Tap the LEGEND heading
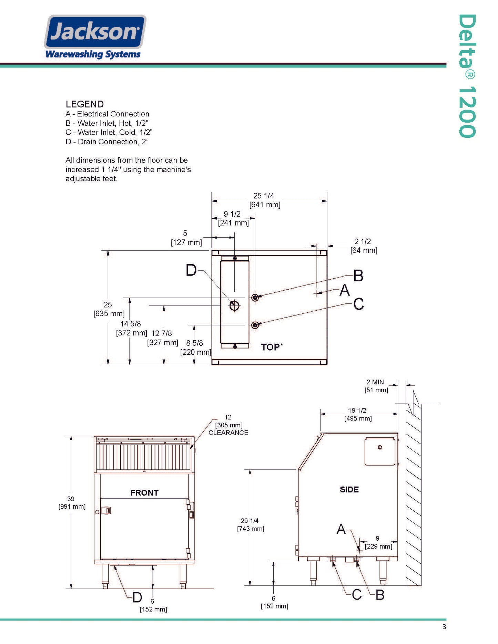coord(85,104)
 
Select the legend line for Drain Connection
coord(107,142)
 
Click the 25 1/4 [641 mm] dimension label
coord(264,200)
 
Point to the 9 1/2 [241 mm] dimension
coord(233,218)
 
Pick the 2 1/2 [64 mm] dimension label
coord(363,246)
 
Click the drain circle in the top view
coord(234,305)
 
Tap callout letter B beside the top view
coord(358,276)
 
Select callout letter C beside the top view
coord(358,304)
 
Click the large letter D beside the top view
coord(191,270)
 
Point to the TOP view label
coord(271,347)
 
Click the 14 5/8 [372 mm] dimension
coord(131,328)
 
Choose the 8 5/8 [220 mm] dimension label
coord(195,347)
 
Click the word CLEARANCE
coord(228,433)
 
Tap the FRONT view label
coord(144,492)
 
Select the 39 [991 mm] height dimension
coord(72,502)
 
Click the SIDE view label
coord(349,489)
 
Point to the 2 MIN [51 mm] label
coord(376,386)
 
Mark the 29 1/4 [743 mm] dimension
coord(250,524)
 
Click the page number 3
coord(444,626)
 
